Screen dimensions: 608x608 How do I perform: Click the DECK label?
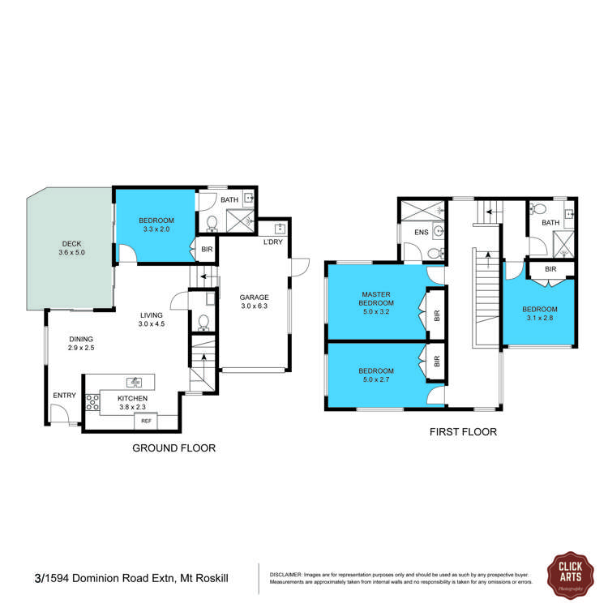71,244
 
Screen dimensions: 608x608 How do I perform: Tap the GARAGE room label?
254,298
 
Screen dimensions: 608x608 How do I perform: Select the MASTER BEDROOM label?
375,298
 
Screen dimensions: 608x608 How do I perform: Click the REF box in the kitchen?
146,421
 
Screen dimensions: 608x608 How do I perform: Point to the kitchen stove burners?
92,402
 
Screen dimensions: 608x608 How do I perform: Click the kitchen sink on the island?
134,382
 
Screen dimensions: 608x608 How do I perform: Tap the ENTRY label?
64,396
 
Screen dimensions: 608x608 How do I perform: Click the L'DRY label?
273,242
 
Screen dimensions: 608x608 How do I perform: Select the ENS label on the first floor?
421,233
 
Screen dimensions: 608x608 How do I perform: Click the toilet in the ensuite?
435,254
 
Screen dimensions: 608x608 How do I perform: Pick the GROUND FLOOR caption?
173,448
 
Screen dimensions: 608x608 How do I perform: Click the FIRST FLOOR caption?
463,432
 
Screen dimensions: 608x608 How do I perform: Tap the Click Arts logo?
571,575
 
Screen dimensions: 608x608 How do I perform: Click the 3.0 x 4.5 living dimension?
152,323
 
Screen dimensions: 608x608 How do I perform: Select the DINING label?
81,340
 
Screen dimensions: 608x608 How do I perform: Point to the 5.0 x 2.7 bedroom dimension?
375,379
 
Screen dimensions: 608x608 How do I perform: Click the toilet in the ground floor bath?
212,224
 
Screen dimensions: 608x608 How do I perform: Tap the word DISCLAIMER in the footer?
285,575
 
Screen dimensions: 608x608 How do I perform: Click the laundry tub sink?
280,229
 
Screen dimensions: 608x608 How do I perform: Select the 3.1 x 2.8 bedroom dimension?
540,318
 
